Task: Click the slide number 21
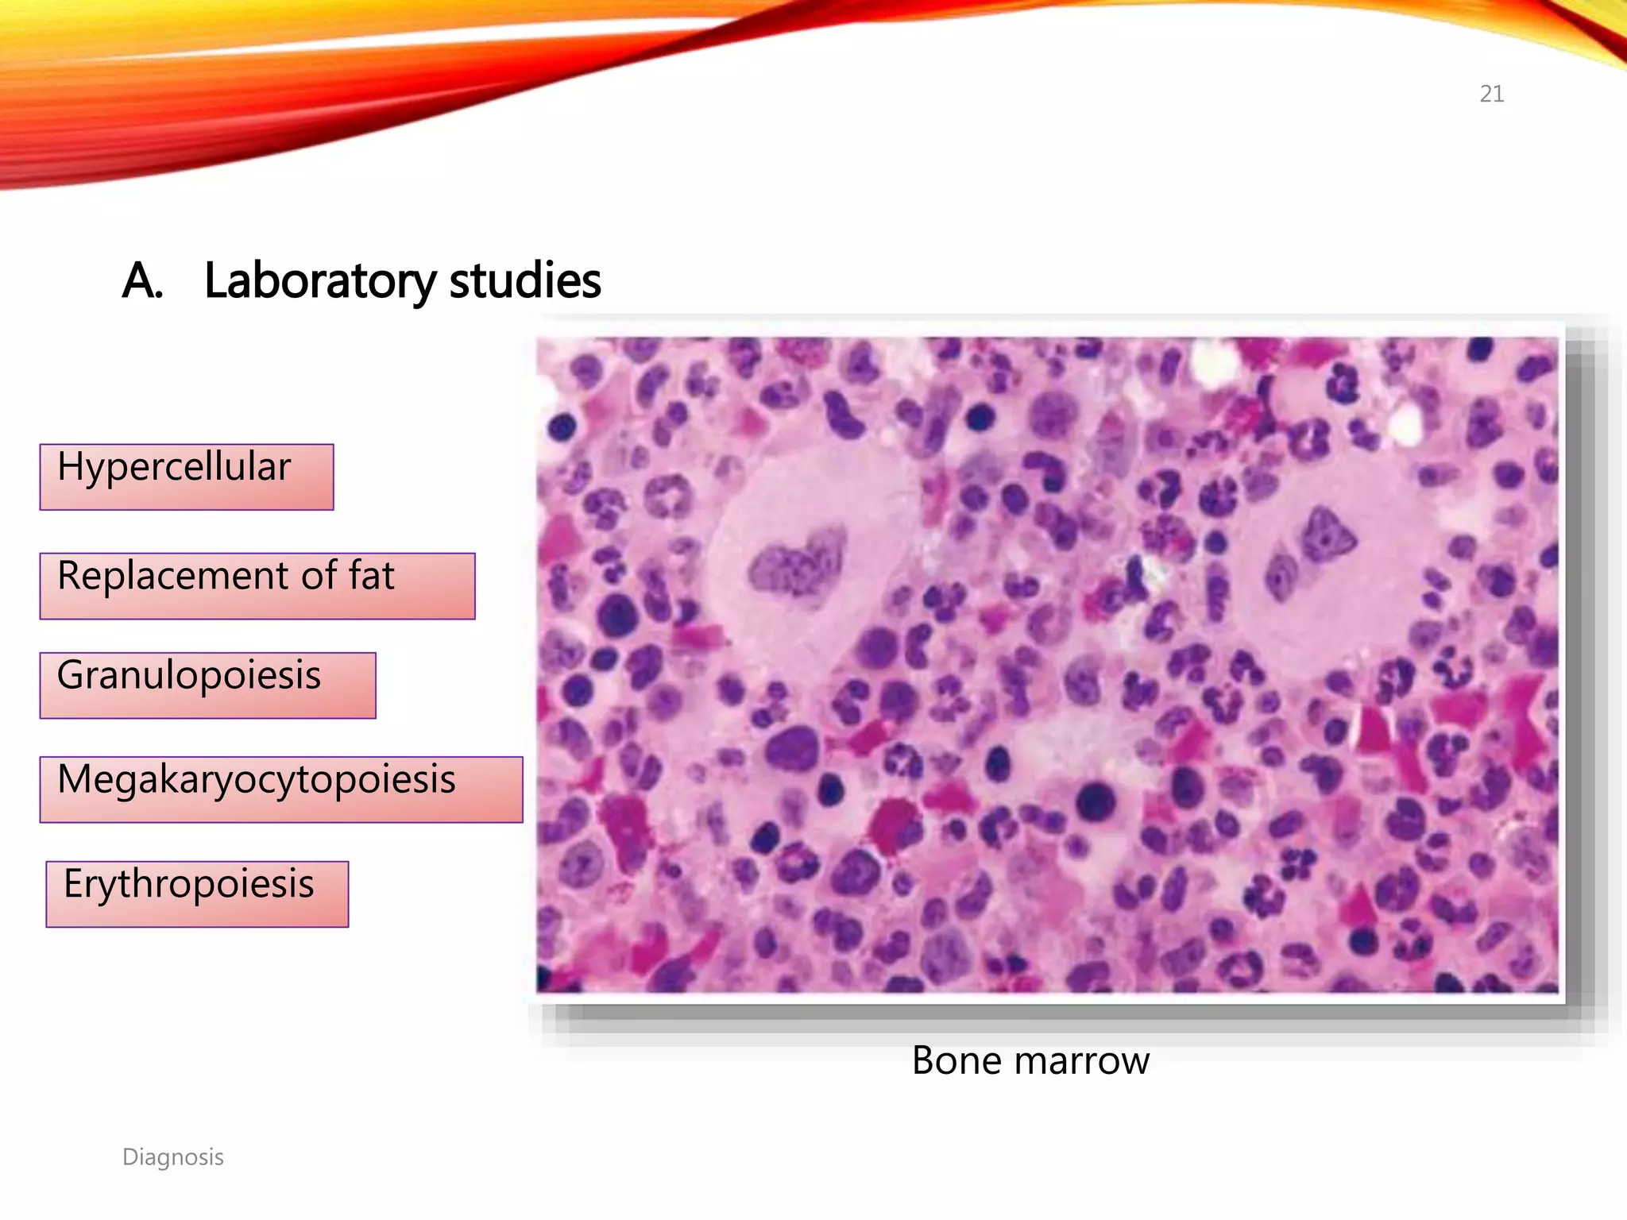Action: [1491, 94]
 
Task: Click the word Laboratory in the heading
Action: [319, 280]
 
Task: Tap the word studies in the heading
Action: [524, 280]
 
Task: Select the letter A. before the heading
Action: [142, 280]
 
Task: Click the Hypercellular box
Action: [186, 477]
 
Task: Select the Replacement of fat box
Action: [257, 585]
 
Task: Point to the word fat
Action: [371, 575]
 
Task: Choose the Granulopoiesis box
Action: [207, 685]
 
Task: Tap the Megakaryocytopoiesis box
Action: [280, 789]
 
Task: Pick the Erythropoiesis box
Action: [196, 894]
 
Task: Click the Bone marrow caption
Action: [1030, 1060]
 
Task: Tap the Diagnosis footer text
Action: [172, 1157]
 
